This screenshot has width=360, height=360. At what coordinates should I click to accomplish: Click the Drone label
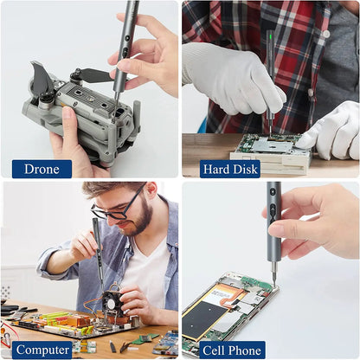click(x=42, y=169)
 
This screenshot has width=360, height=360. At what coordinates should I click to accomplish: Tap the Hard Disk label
click(x=230, y=169)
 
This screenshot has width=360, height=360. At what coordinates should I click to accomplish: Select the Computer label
click(x=42, y=350)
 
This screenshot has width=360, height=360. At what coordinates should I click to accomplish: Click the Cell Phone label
click(x=232, y=350)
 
